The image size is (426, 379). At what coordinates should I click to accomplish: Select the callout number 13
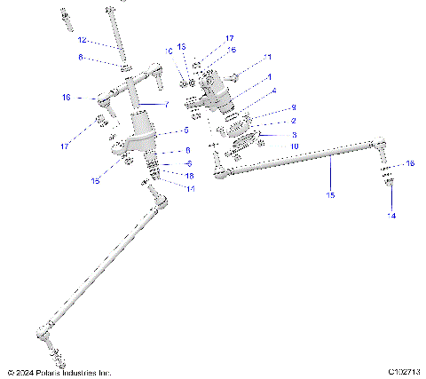coord(181,45)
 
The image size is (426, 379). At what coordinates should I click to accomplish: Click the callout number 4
coord(273,91)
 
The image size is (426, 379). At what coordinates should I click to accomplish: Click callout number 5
coord(186,130)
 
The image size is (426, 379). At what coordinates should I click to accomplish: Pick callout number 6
coord(188,163)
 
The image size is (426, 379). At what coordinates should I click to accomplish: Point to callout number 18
coord(188,176)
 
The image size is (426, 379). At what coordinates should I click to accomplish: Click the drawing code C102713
coord(403,372)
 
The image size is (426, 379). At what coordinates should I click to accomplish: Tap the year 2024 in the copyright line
coord(28,372)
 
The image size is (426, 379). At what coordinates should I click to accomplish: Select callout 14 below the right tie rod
coord(391,216)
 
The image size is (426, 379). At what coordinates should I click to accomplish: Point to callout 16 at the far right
coord(409,163)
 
